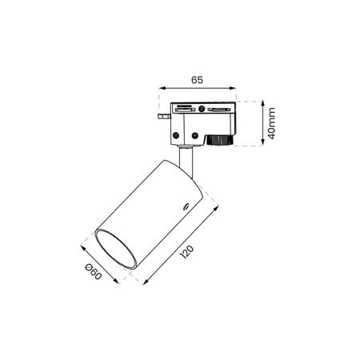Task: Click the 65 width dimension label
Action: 197,79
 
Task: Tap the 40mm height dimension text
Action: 271,123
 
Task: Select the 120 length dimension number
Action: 186,252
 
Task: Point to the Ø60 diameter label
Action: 93,271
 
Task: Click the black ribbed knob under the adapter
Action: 219,140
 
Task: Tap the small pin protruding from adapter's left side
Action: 164,117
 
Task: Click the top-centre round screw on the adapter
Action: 202,109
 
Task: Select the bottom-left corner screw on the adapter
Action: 176,135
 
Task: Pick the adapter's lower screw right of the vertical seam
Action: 195,135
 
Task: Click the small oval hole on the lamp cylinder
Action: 186,206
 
